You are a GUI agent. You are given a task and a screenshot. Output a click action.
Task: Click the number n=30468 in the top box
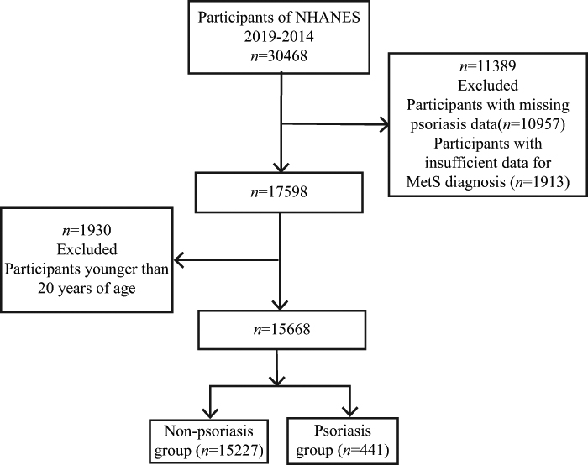pos(279,56)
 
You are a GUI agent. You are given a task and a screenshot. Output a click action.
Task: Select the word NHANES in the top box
pos(328,18)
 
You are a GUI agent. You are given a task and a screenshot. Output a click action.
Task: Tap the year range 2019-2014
pos(279,37)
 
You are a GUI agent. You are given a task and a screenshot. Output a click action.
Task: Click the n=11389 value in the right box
pos(487,66)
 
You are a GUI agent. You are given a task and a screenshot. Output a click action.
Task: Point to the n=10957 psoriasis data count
pos(533,124)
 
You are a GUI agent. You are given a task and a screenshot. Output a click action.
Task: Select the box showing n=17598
pos(279,192)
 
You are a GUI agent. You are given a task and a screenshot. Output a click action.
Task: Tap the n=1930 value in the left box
pos(87,230)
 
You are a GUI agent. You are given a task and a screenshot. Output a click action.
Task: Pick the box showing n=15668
pos(281,330)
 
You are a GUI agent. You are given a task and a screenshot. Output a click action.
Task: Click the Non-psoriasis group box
pos(209,441)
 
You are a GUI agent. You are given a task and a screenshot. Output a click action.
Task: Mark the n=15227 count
pos(229,451)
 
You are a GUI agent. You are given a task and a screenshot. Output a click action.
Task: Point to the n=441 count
pos(364,450)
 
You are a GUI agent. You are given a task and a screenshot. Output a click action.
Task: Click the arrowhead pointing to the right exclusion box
pos(385,124)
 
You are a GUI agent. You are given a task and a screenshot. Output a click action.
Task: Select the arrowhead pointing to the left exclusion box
pos(179,259)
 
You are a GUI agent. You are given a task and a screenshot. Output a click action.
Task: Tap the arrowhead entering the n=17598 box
pos(281,167)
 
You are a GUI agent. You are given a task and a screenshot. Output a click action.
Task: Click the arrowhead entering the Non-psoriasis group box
pos(210,413)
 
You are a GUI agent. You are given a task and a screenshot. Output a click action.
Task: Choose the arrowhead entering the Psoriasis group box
pos(349,412)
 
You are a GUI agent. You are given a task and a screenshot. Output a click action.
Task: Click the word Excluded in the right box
pos(487,86)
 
